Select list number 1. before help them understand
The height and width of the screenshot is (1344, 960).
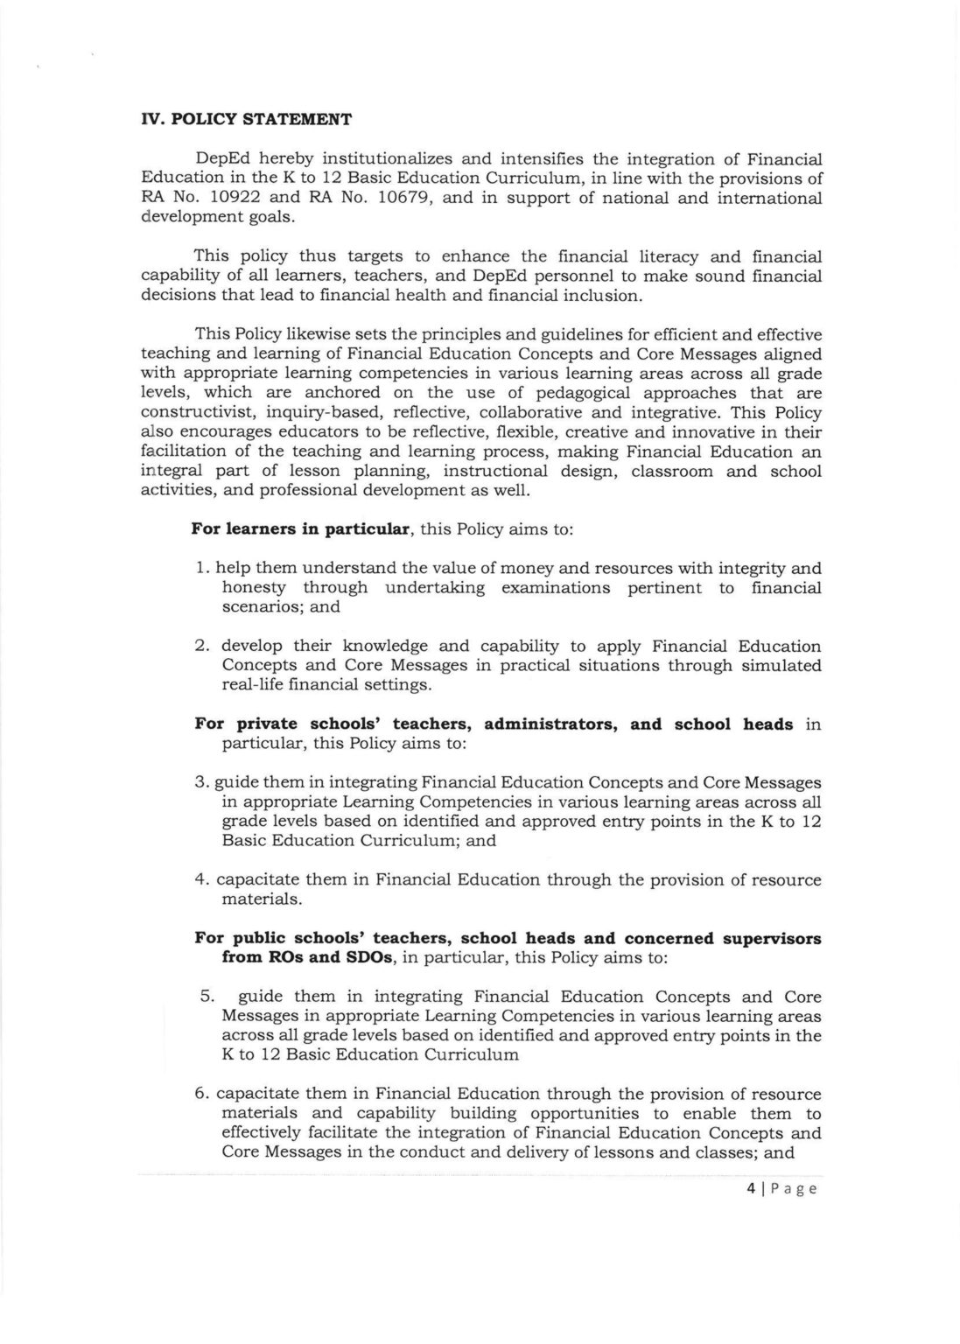(x=201, y=569)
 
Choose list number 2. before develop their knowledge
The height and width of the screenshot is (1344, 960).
(x=202, y=647)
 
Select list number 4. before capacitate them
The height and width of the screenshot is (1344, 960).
(x=202, y=880)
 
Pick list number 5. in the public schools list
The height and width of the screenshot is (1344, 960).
(x=207, y=997)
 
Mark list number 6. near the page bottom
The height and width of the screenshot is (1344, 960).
(x=202, y=1095)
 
